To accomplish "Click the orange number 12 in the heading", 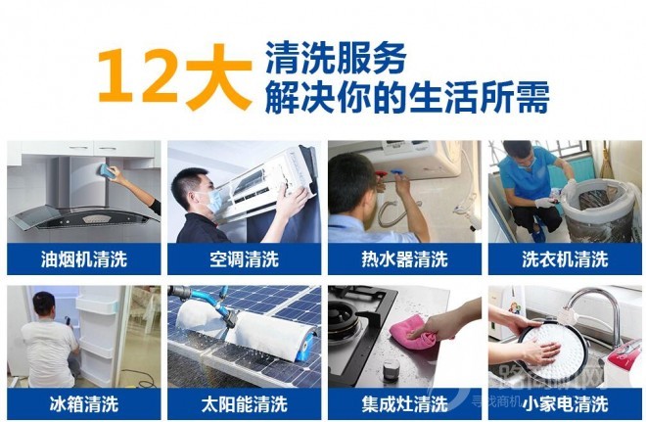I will pyautogui.click(x=138, y=75).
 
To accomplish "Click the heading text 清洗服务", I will pyautogui.click(x=334, y=59).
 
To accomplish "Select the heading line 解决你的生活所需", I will pyautogui.click(x=405, y=97).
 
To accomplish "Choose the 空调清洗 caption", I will pyautogui.click(x=244, y=259).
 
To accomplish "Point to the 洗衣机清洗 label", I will pyautogui.click(x=565, y=259).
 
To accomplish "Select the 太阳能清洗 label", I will pyautogui.click(x=244, y=402).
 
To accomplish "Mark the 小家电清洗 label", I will pyautogui.click(x=565, y=402).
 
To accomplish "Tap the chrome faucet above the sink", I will pyautogui.click(x=591, y=303).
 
